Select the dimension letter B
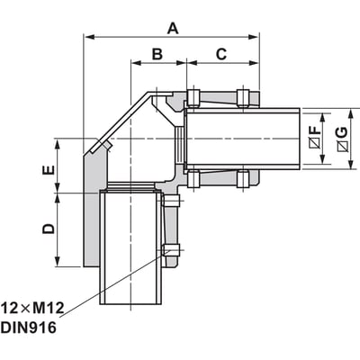[x=157, y=54]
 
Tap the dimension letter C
[x=221, y=54]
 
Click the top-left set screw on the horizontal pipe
[x=193, y=97]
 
